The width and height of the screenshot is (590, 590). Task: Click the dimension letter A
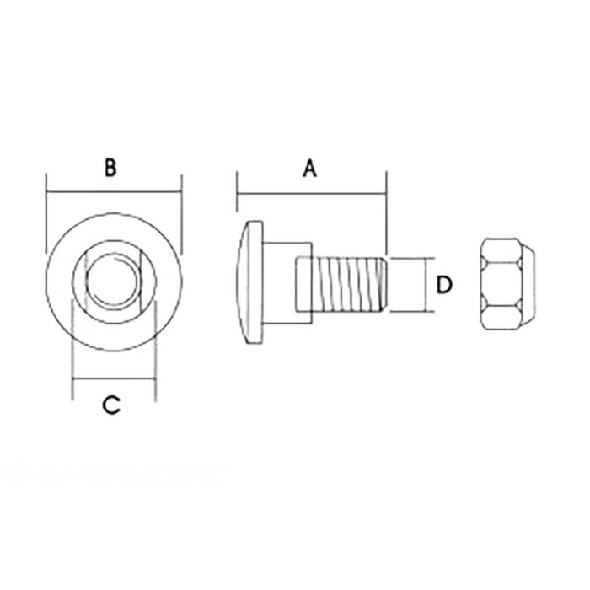[x=309, y=169]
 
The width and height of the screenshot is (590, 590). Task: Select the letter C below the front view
[x=110, y=405]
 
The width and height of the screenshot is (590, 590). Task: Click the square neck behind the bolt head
[x=304, y=285]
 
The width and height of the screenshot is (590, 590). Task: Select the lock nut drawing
[x=507, y=284]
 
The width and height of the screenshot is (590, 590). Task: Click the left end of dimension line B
[x=46, y=193]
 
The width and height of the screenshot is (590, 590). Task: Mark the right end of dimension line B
[x=181, y=193]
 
